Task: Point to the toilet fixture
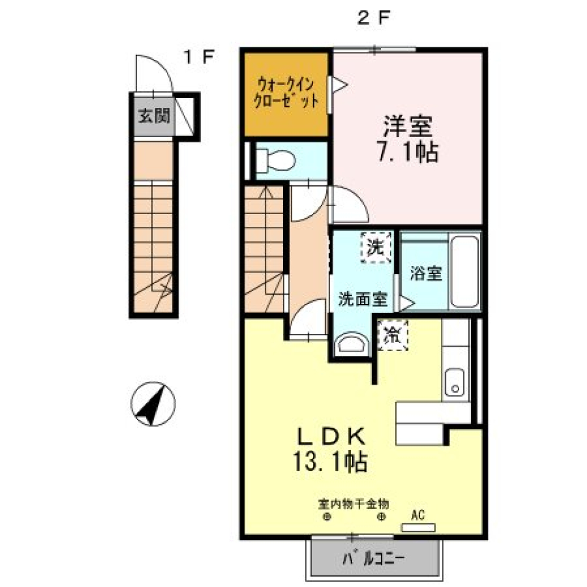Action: click(275, 160)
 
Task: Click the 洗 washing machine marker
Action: click(375, 247)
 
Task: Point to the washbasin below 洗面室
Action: click(353, 344)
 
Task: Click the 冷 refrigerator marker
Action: click(392, 335)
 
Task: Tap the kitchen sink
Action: click(454, 382)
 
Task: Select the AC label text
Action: click(417, 515)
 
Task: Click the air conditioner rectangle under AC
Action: click(418, 526)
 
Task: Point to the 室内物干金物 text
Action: click(353, 504)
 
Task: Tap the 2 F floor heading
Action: click(373, 18)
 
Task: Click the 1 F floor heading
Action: click(199, 56)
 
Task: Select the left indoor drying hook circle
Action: click(327, 517)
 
